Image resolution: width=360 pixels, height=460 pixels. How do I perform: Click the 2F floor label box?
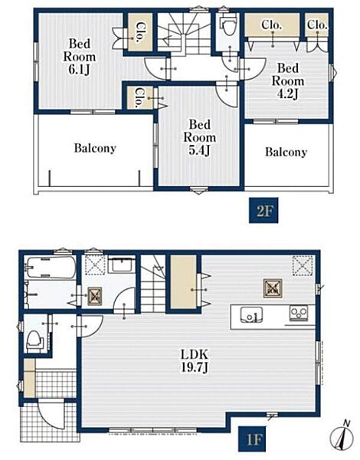click(x=263, y=210)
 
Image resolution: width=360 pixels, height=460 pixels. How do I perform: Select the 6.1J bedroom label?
click(x=79, y=57)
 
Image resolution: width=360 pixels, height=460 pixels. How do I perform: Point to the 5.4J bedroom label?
click(x=199, y=137)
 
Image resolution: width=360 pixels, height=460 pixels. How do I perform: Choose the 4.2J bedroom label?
click(x=288, y=81)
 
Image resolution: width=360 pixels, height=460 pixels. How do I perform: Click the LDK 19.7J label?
click(x=195, y=361)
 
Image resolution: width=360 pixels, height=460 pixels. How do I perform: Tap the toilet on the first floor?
click(x=35, y=341)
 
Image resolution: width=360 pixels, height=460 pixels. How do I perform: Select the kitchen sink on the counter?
click(x=252, y=314)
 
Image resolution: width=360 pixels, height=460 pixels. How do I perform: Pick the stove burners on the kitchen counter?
click(x=299, y=313)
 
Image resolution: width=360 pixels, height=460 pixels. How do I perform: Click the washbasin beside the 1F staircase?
click(x=121, y=266)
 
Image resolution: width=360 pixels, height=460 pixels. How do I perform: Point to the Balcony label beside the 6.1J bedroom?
click(x=95, y=148)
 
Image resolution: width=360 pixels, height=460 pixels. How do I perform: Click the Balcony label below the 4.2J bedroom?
click(x=286, y=152)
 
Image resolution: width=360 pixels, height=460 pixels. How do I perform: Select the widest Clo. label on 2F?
click(x=272, y=25)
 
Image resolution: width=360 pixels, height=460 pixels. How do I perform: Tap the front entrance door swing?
click(x=51, y=415)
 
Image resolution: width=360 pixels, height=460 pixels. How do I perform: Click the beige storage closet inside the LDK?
click(x=184, y=282)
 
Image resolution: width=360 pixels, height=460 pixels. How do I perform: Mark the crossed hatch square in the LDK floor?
click(x=273, y=288)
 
